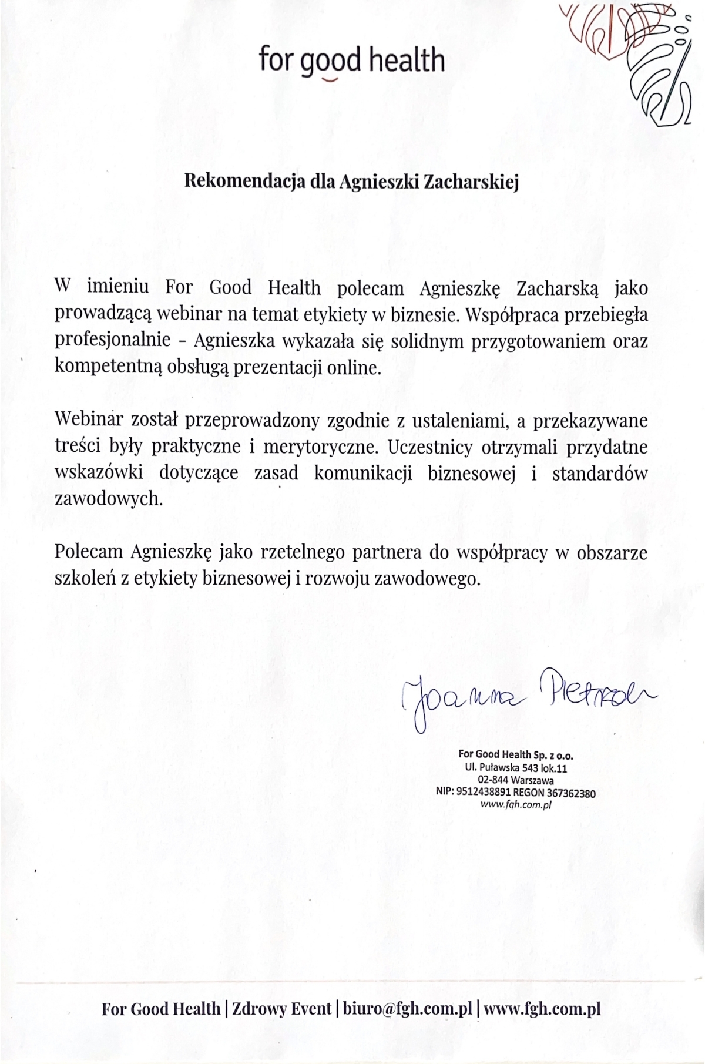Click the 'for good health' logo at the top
pos(351,62)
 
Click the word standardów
pos(599,474)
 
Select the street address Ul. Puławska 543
pos(507,768)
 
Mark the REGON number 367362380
pos(570,793)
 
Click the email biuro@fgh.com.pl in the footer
pos(407,1009)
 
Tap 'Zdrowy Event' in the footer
pos(281,1009)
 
